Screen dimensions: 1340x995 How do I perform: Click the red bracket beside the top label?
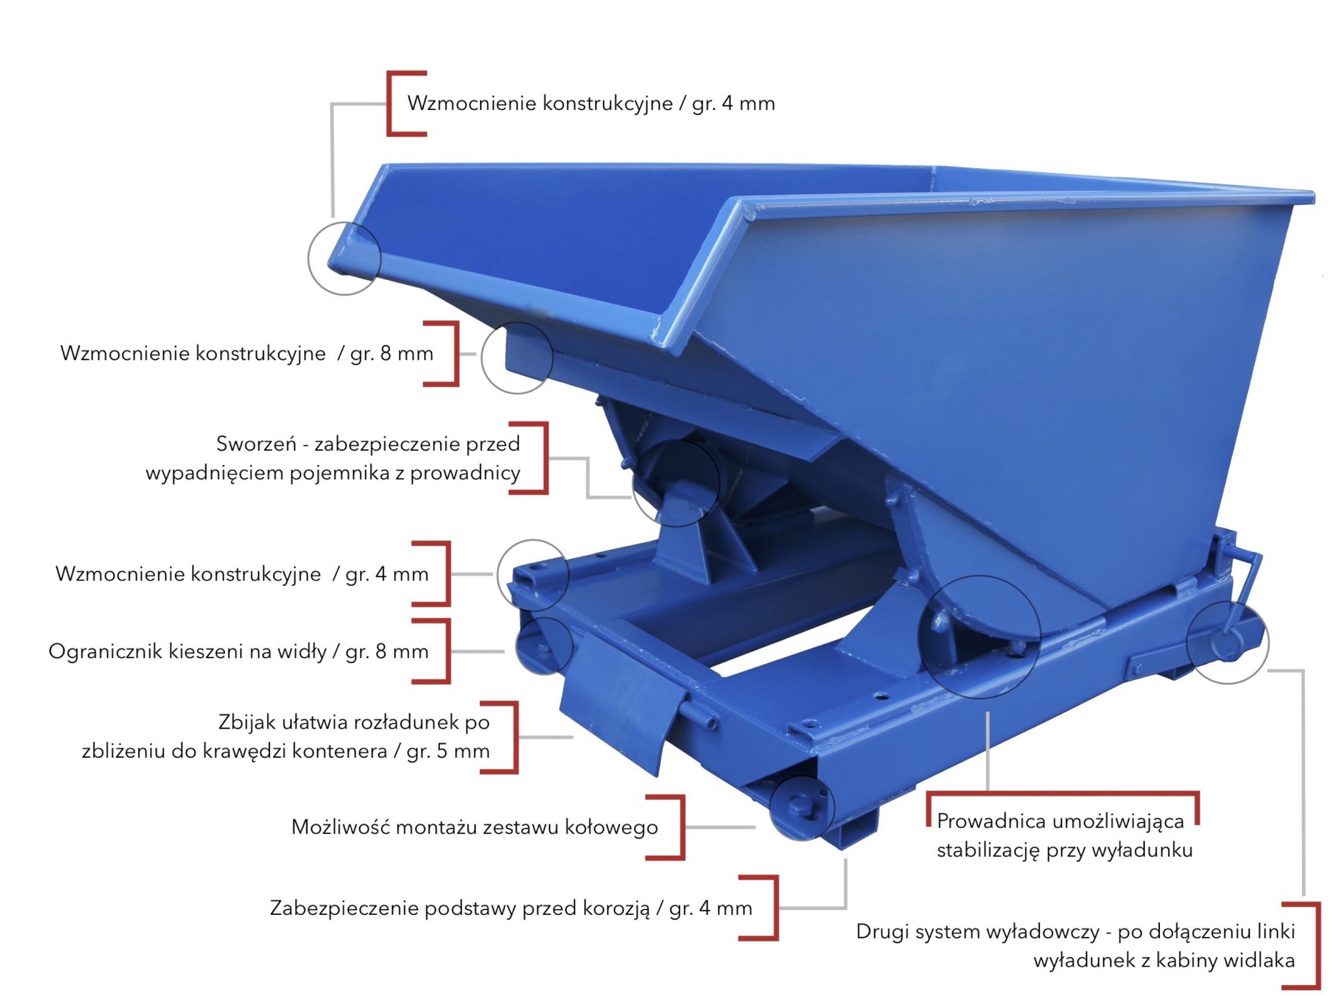click(x=390, y=103)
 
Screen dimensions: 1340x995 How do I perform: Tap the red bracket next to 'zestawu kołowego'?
click(x=682, y=827)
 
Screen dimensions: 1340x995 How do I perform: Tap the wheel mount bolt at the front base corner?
click(x=799, y=807)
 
